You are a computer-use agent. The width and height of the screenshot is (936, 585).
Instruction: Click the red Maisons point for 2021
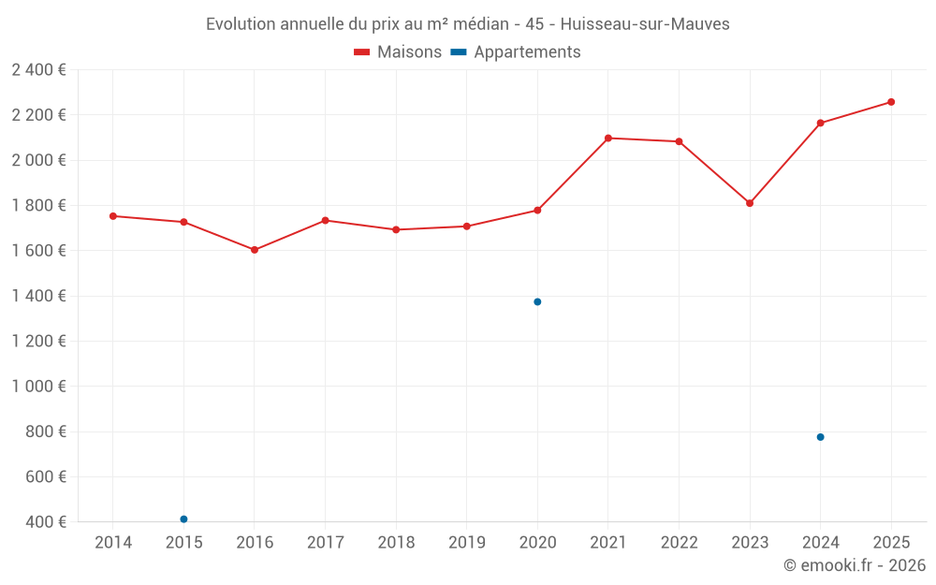pos(608,138)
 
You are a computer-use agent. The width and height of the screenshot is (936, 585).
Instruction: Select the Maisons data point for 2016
pos(255,250)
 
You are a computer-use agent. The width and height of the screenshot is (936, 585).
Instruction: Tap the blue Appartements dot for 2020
pos(537,301)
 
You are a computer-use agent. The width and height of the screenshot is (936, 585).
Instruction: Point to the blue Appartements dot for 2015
pos(183,519)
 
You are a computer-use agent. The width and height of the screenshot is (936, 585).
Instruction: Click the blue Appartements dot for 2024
pos(820,437)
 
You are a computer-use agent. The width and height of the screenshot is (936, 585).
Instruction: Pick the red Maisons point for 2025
pos(891,102)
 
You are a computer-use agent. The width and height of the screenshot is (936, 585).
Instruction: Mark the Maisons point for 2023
pos(750,203)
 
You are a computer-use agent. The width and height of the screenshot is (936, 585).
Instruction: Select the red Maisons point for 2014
pos(113,216)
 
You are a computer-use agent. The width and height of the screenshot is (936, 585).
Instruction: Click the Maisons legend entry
pos(398,52)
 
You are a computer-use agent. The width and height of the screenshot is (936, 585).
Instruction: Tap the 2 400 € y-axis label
pos(39,69)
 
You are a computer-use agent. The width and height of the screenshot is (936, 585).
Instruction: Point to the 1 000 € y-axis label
pos(39,387)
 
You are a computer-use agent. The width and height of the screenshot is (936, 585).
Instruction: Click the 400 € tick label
pos(46,522)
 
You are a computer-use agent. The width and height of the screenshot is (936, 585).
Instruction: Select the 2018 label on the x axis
pos(396,543)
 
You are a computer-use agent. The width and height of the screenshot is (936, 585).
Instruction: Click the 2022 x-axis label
pos(679,543)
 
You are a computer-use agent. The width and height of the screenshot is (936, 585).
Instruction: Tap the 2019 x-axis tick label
pos(466,543)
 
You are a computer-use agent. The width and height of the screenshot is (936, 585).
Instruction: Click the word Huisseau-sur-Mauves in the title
pos(644,24)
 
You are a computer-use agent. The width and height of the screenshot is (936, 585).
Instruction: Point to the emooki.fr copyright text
pos(854,565)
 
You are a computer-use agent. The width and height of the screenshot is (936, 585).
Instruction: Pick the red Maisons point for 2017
pos(325,220)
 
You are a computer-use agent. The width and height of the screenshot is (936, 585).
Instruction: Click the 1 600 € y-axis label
pos(39,251)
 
